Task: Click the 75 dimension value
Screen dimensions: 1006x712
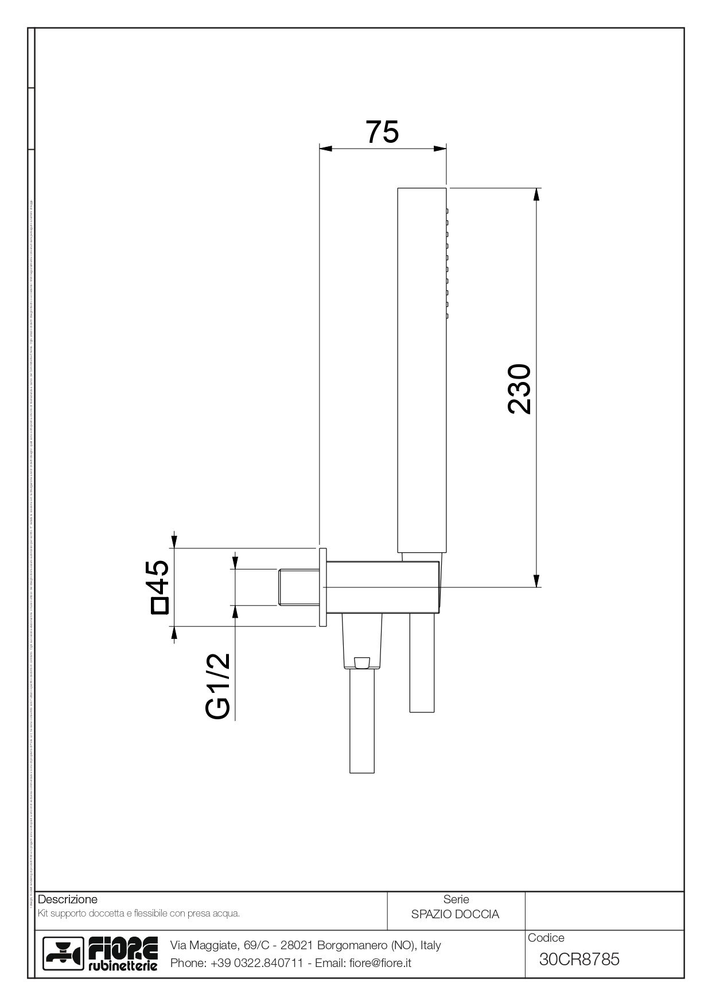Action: tap(382, 132)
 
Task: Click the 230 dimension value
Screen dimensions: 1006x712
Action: tap(520, 388)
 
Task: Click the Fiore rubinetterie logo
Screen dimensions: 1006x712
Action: tap(102, 954)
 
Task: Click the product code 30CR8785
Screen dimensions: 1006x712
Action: tap(579, 959)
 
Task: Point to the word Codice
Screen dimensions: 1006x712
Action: tap(546, 938)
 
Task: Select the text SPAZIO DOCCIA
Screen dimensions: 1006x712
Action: tap(455, 914)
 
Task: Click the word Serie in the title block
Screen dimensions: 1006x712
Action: tap(456, 899)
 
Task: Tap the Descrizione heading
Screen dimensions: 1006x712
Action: tap(68, 899)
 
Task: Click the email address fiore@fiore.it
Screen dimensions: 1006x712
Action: tap(380, 963)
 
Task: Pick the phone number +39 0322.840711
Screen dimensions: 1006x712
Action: tap(256, 963)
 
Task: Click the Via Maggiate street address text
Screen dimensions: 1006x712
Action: tap(305, 945)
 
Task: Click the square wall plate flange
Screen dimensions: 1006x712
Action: tap(322, 587)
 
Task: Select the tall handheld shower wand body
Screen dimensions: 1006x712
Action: tap(422, 367)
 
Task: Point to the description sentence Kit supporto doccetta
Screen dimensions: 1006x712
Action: tap(138, 914)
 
